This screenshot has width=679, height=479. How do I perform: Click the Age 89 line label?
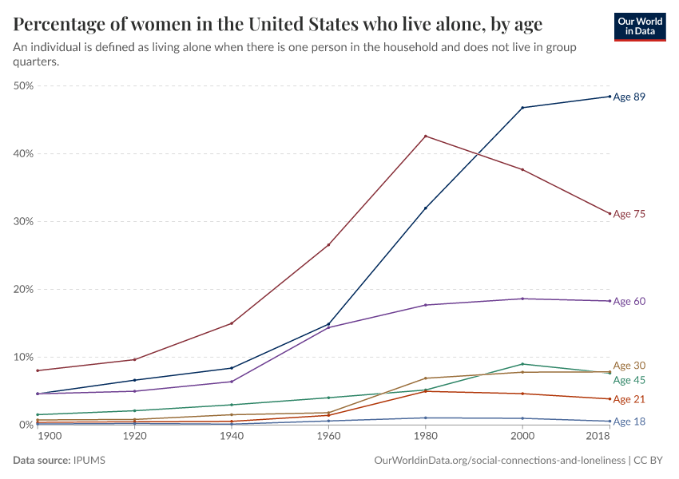(x=629, y=97)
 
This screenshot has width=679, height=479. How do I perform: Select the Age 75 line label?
(x=629, y=214)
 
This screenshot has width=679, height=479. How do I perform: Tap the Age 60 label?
(x=629, y=301)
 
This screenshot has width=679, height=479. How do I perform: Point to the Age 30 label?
(x=629, y=366)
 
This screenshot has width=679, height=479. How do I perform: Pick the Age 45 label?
(x=629, y=380)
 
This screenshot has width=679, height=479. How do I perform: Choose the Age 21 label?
(x=629, y=399)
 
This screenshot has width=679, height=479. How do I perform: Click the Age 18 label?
(x=629, y=422)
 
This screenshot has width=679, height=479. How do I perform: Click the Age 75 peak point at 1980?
(x=426, y=136)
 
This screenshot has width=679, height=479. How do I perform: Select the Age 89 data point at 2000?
(x=522, y=108)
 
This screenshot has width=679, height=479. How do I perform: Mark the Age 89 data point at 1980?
(x=426, y=208)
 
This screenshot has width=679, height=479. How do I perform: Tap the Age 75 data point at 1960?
(x=328, y=244)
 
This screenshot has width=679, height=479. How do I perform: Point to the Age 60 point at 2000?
(x=522, y=299)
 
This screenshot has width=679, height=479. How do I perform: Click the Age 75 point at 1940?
(x=232, y=323)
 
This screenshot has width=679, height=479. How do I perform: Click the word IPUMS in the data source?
(x=89, y=461)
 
